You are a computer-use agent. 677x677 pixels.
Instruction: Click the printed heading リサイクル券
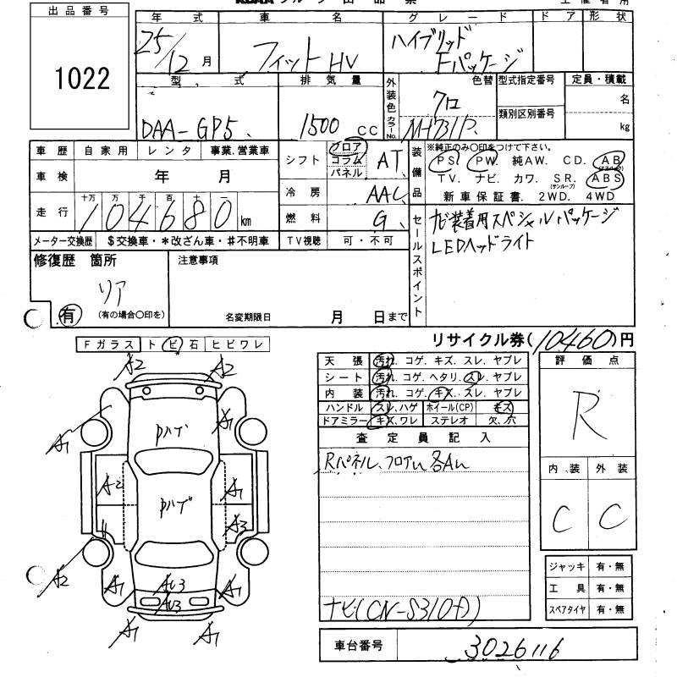tap(476, 340)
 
